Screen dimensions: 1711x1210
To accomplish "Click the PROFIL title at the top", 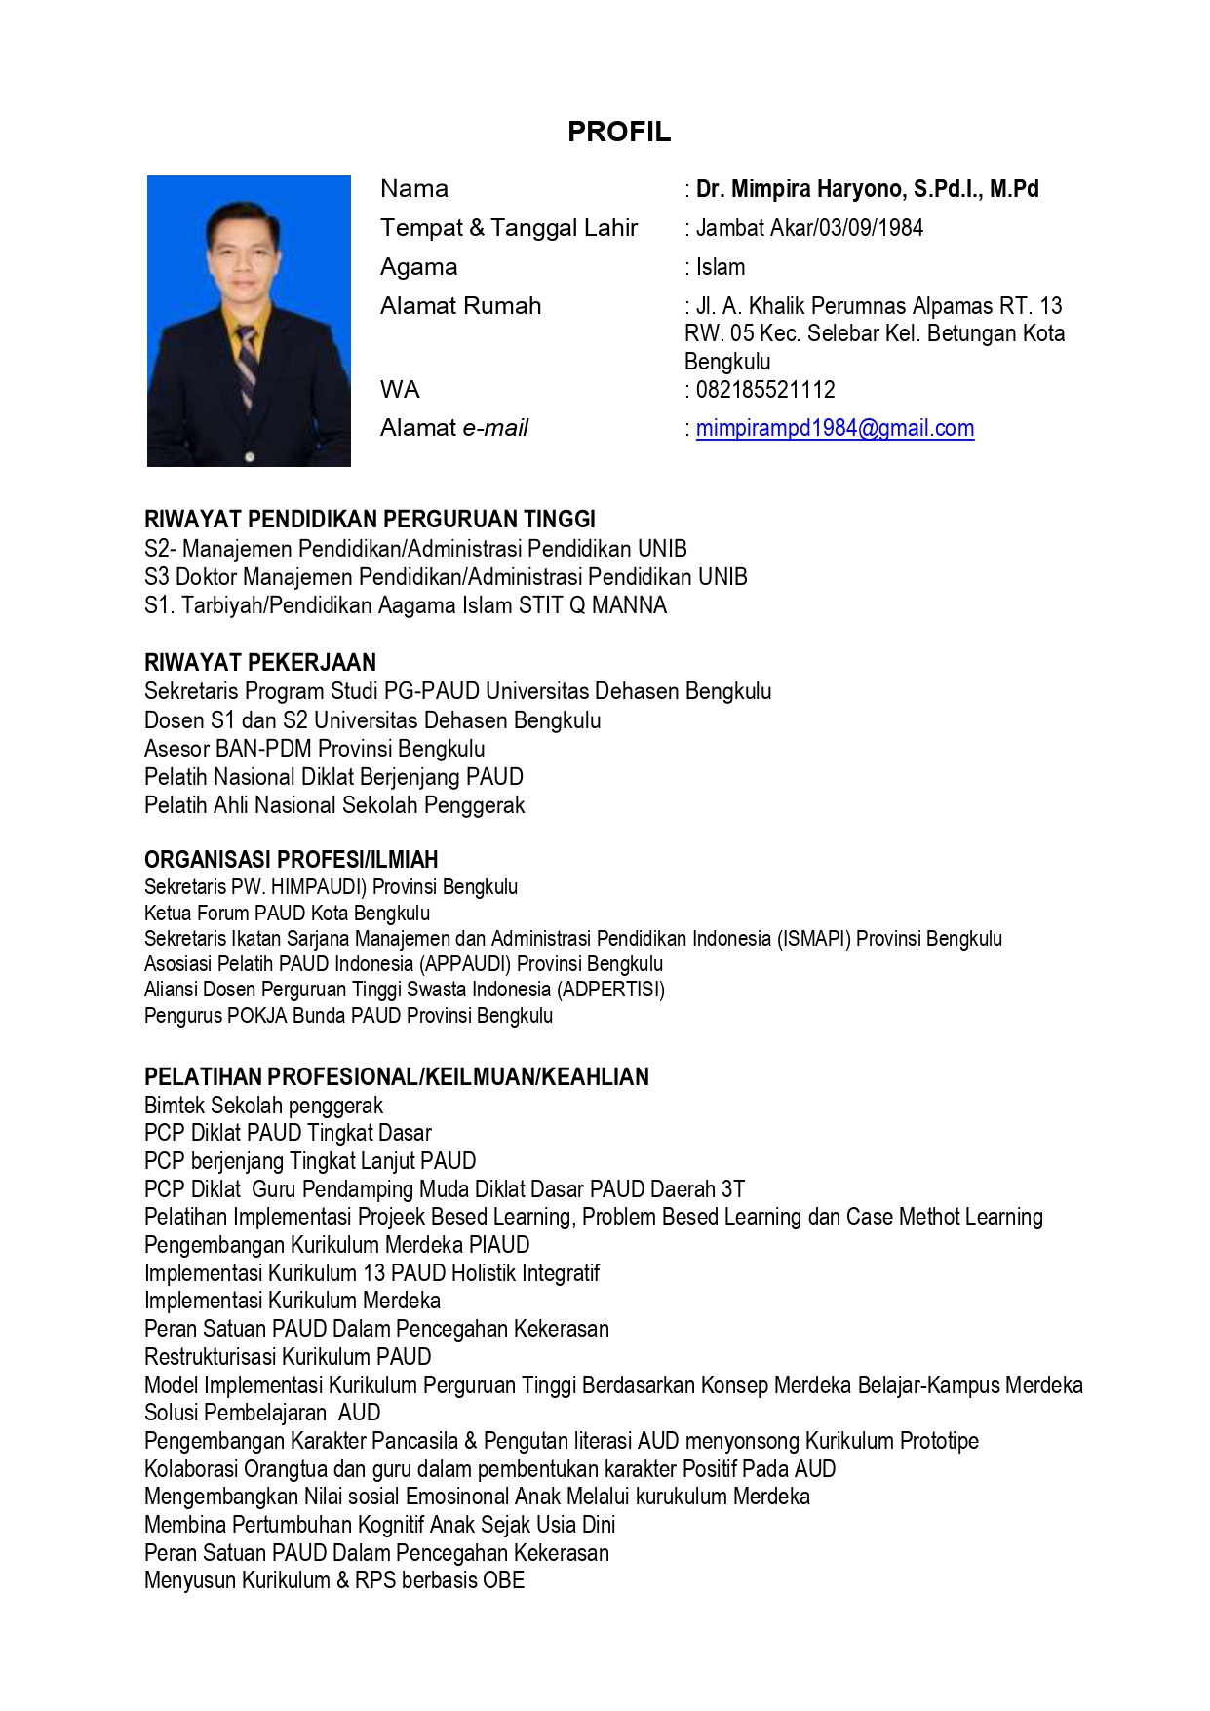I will (x=619, y=132).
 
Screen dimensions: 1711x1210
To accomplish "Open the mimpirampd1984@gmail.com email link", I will (x=835, y=428).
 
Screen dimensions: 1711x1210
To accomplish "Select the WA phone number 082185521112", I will (x=765, y=390).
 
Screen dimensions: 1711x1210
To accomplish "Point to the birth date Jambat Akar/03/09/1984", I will (x=809, y=228).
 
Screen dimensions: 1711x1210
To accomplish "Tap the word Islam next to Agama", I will (x=721, y=267).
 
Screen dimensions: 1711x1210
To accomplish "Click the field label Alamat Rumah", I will (x=460, y=306).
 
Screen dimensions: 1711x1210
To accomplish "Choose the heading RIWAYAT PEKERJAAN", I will (x=260, y=663).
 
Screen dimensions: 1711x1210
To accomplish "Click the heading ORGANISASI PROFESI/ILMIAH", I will (x=291, y=860).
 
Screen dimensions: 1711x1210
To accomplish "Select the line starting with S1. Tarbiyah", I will (x=406, y=605).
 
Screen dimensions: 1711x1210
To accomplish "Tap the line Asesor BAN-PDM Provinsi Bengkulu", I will (x=315, y=749).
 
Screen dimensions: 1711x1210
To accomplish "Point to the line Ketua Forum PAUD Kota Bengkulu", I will (x=287, y=914).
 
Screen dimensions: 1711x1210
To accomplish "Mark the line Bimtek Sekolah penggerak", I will (x=263, y=1106).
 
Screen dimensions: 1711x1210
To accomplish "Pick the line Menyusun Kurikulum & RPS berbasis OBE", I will (x=334, y=1580).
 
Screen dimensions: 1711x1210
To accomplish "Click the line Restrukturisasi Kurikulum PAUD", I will (x=288, y=1357).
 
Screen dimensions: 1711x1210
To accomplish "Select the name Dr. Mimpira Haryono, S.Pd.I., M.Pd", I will (x=867, y=189).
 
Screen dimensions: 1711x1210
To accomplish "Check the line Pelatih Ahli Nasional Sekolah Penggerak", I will (x=334, y=805).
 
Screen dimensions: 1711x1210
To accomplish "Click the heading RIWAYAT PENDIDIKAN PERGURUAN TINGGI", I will (x=370, y=520).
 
